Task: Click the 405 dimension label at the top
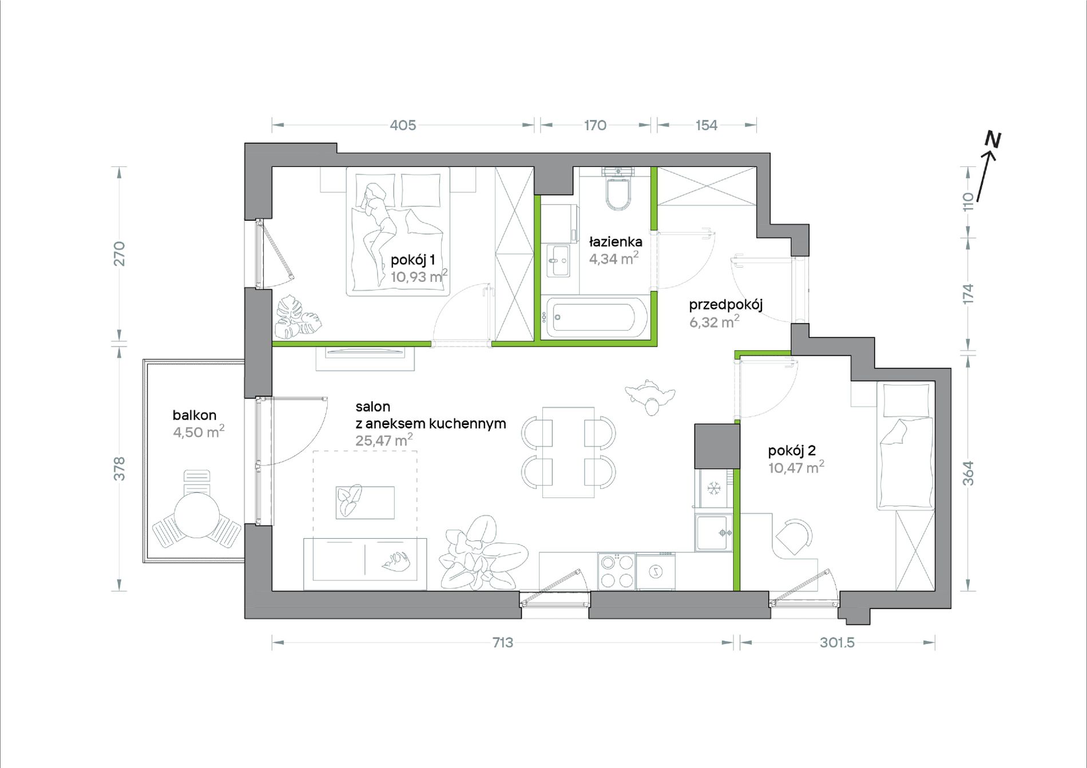coord(403,125)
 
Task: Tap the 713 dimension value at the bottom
coord(503,642)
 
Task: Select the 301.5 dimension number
coord(837,642)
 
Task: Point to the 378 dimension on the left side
coord(120,468)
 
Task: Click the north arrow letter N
coord(993,139)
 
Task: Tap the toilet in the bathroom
coord(618,189)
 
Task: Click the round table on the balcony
coord(197,515)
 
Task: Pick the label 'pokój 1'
coord(412,260)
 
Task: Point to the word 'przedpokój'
coord(725,305)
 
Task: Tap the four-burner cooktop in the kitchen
coord(617,571)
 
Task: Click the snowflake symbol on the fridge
coord(713,488)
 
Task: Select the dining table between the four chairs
coord(568,452)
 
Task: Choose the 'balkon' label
coord(195,415)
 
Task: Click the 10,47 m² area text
coord(796,468)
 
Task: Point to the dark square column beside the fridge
coord(717,446)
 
